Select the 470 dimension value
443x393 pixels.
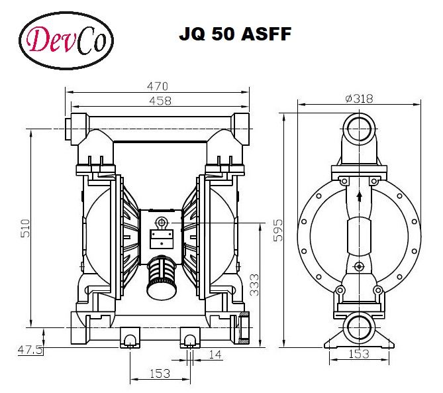(x=157, y=86)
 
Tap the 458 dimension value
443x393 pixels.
(x=160, y=101)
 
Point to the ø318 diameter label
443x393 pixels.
(x=359, y=98)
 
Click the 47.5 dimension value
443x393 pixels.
(x=30, y=349)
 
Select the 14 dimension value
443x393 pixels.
(x=214, y=355)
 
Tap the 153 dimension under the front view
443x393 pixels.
(x=159, y=373)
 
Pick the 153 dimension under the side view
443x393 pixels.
(x=358, y=354)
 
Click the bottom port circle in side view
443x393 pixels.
(x=358, y=325)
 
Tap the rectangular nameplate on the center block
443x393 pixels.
(x=161, y=235)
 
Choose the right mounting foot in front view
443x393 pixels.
(x=191, y=340)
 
